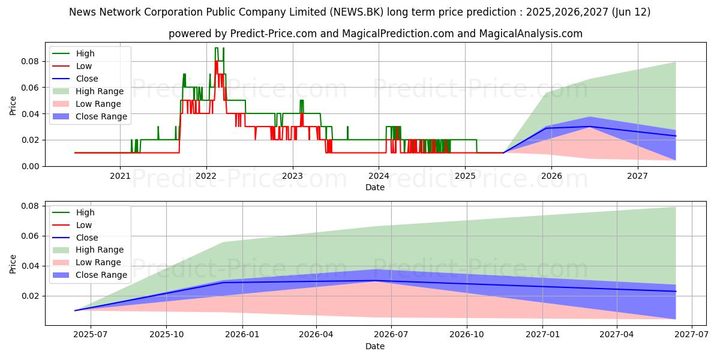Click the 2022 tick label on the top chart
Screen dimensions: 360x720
pyautogui.click(x=206, y=176)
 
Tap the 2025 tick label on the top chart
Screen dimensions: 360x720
pyautogui.click(x=465, y=176)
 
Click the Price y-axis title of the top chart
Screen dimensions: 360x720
pyautogui.click(x=13, y=104)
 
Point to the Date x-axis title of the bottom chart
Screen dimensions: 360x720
pyautogui.click(x=375, y=346)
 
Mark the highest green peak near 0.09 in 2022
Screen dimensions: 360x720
pyautogui.click(x=216, y=48)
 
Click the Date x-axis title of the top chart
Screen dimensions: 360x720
pyautogui.click(x=375, y=187)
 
